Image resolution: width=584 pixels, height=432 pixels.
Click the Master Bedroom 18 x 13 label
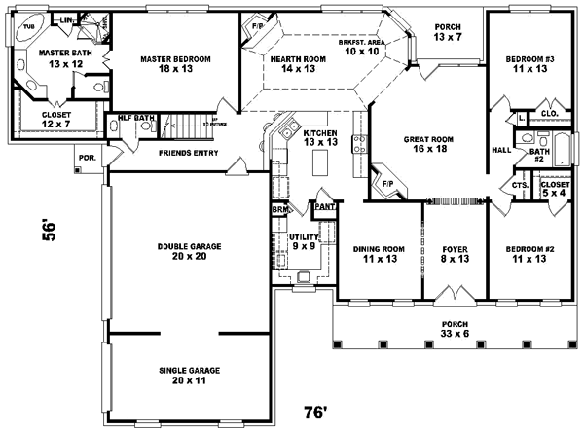[175, 64]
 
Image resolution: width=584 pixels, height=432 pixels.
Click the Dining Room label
[379, 254]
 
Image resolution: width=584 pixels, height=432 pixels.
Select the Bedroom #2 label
[530, 254]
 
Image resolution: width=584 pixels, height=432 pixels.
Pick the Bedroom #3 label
[530, 64]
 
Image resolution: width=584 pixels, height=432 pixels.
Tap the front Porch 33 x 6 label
[455, 329]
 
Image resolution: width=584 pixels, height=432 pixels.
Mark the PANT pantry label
[322, 207]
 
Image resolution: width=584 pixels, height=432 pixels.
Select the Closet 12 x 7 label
[55, 120]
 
